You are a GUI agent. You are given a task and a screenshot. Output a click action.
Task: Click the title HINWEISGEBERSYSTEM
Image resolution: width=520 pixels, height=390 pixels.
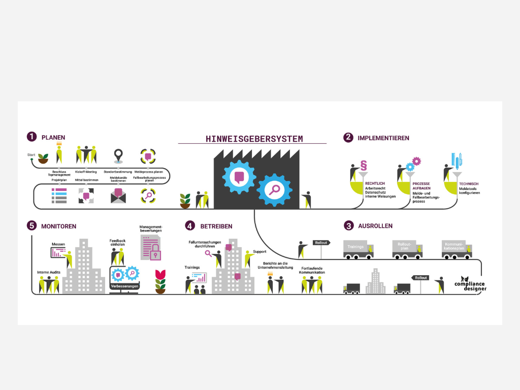(x=254, y=139)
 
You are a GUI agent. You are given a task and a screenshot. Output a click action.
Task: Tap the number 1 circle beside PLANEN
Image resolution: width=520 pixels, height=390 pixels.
(x=32, y=137)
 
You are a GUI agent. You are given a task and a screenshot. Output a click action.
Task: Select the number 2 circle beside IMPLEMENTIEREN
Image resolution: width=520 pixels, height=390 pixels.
(x=348, y=137)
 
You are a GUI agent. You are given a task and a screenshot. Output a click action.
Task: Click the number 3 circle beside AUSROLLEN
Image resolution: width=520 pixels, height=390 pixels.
(x=348, y=225)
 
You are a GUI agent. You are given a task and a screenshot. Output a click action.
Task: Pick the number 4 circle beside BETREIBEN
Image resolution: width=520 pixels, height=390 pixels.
(x=190, y=225)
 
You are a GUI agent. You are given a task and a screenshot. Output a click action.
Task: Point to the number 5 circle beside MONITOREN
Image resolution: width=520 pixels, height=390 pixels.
(x=32, y=225)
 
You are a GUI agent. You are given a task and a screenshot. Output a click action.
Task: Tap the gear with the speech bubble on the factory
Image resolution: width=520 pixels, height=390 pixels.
(x=239, y=177)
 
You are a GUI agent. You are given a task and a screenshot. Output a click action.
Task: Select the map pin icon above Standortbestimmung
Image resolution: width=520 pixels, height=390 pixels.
(x=118, y=155)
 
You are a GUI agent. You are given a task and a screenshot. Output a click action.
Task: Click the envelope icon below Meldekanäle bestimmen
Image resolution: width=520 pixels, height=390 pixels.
(x=118, y=196)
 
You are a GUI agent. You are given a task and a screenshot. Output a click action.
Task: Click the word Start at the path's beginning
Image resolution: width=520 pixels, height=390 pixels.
(x=31, y=154)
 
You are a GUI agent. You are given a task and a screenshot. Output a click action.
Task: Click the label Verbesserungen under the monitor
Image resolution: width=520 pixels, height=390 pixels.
(x=124, y=286)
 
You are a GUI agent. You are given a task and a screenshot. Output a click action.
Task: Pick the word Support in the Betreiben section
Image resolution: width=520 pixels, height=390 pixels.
(x=259, y=251)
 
